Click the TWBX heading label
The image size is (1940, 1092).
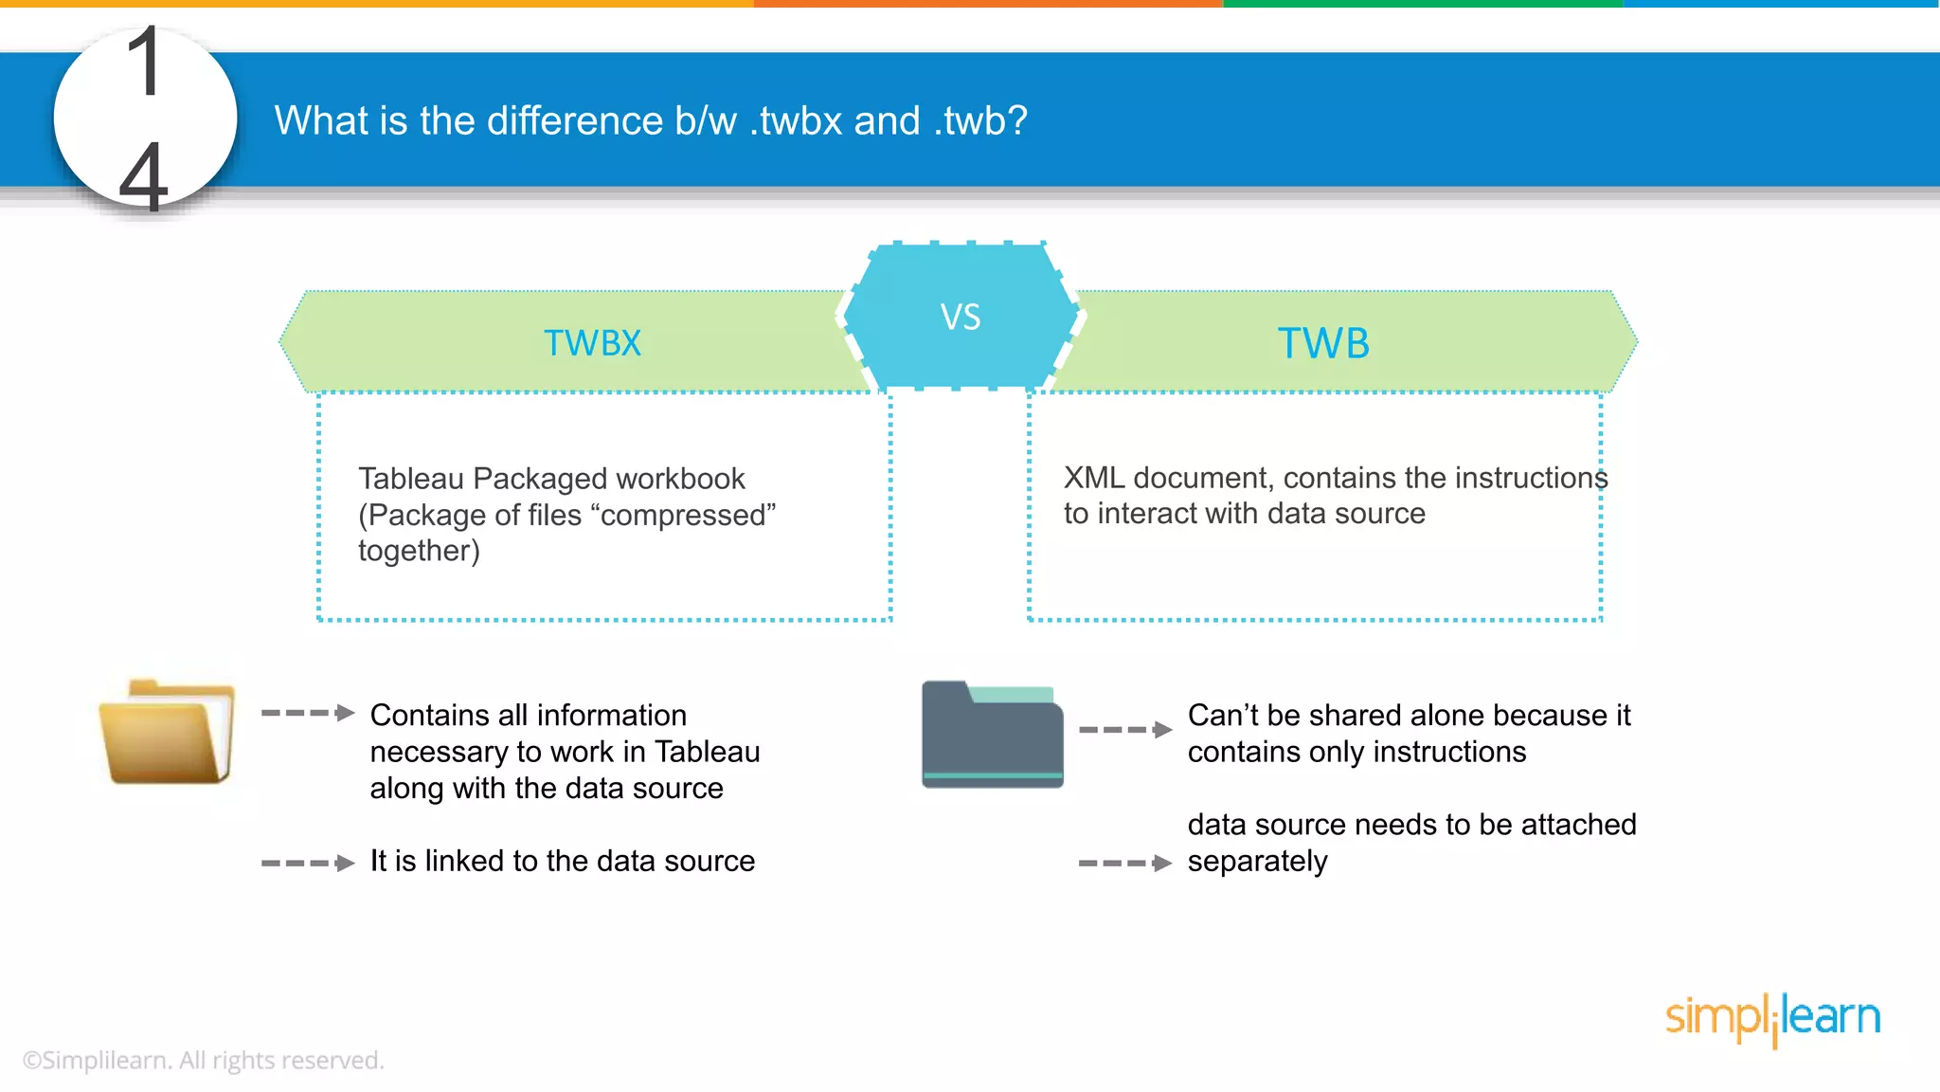pyautogui.click(x=592, y=343)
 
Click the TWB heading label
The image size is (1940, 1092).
pyautogui.click(x=1323, y=343)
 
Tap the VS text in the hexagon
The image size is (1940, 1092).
pyautogui.click(x=960, y=318)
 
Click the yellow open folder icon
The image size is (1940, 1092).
pyautogui.click(x=167, y=733)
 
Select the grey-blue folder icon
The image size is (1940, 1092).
pyautogui.click(x=992, y=735)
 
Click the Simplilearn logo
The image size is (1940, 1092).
pyautogui.click(x=1771, y=1018)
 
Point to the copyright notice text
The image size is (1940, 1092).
pyautogui.click(x=203, y=1060)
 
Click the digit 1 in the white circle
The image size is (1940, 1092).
pyautogui.click(x=145, y=63)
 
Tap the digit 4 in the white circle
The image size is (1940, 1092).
pyautogui.click(x=144, y=176)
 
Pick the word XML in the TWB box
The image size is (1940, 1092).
pyautogui.click(x=1093, y=478)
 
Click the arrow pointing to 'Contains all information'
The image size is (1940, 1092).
pyautogui.click(x=308, y=713)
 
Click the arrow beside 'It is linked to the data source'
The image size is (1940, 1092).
pyautogui.click(x=308, y=863)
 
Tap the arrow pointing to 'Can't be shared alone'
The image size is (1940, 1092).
pyautogui.click(x=1125, y=730)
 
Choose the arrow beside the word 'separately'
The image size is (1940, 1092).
pyautogui.click(x=1125, y=863)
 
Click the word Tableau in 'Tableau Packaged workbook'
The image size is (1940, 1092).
pyautogui.click(x=411, y=479)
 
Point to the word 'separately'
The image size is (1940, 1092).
pyautogui.click(x=1257, y=862)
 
